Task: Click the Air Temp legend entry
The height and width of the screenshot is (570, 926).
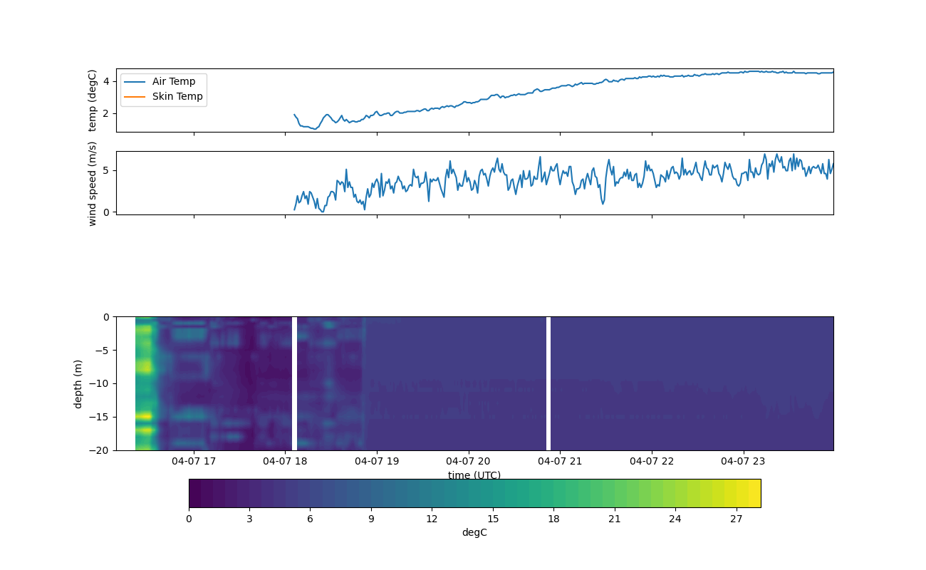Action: pos(173,81)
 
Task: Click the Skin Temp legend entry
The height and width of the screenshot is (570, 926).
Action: pos(177,96)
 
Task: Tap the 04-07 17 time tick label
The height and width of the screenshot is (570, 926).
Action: pos(194,461)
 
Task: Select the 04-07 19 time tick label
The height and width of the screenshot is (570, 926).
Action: pos(377,461)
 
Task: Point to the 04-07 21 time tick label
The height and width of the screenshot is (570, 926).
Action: pos(560,461)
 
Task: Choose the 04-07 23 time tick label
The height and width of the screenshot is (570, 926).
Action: pos(744,461)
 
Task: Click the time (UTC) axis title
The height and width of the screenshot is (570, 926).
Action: pos(474,475)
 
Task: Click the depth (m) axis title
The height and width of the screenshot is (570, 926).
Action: pos(78,383)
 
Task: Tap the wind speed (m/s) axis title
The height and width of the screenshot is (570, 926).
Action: pos(92,183)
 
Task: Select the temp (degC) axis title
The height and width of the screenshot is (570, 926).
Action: pos(92,100)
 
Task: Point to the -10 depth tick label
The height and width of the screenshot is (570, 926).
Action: pos(100,383)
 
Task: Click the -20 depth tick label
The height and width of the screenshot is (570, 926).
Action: pos(100,450)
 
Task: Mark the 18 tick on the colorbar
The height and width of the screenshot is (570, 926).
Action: pos(553,519)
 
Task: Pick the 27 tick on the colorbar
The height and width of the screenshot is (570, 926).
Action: pos(737,519)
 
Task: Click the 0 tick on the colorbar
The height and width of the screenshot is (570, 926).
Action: pos(189,519)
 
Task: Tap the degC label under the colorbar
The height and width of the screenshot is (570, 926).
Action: pos(474,532)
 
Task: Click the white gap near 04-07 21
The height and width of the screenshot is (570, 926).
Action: pos(548,383)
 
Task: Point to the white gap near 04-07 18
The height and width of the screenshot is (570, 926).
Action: pos(294,383)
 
